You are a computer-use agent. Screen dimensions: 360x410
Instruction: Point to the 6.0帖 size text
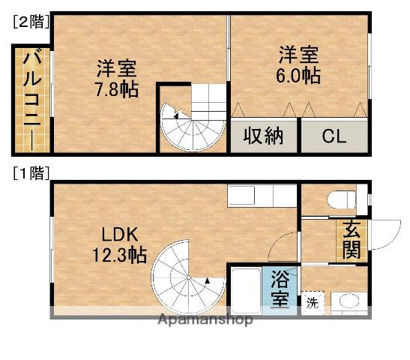click(x=299, y=76)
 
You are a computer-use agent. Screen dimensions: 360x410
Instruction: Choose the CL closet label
click(x=334, y=137)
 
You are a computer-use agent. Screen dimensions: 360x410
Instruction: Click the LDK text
click(x=117, y=232)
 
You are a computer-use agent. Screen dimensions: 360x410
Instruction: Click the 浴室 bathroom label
click(x=279, y=290)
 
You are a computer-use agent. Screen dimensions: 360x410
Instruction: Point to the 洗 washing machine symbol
click(x=311, y=303)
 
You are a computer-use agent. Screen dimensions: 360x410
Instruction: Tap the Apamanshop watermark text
click(x=205, y=319)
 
